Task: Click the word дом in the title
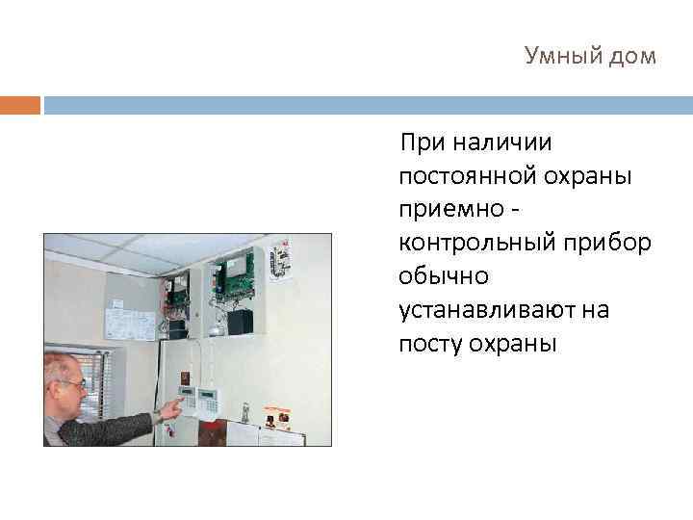(x=633, y=57)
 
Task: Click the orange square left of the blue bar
(x=20, y=105)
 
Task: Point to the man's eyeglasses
(x=73, y=383)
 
